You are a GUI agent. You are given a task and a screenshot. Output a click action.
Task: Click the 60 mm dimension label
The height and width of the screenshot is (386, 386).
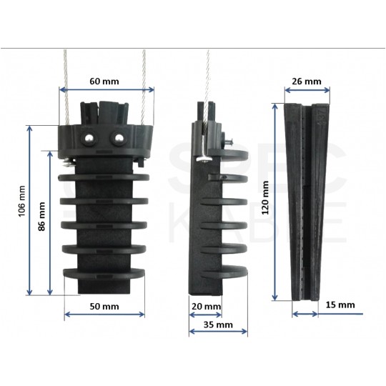[105, 80]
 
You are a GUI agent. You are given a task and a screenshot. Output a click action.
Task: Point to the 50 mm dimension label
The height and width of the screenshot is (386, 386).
[104, 306]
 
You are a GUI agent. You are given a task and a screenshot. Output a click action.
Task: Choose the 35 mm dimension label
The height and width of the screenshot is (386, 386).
[219, 324]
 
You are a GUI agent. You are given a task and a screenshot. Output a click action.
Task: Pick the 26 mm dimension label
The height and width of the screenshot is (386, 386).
[307, 81]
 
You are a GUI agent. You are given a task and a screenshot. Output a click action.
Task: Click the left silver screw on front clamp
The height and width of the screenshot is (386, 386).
[88, 136]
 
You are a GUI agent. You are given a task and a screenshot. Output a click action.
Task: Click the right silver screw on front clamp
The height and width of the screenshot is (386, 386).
[117, 136]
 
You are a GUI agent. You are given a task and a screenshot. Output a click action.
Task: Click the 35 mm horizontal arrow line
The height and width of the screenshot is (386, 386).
[219, 332]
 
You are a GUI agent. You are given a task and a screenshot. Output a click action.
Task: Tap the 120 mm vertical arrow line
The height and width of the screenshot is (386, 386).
[276, 201]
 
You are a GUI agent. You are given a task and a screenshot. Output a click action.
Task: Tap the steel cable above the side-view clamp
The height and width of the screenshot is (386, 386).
[208, 79]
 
